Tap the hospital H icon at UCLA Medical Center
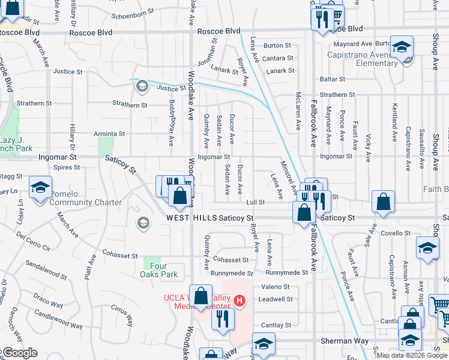(240, 300)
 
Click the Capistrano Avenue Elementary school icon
(402, 46)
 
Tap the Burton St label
(277, 45)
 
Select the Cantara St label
(277, 58)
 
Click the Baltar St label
(333, 79)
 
